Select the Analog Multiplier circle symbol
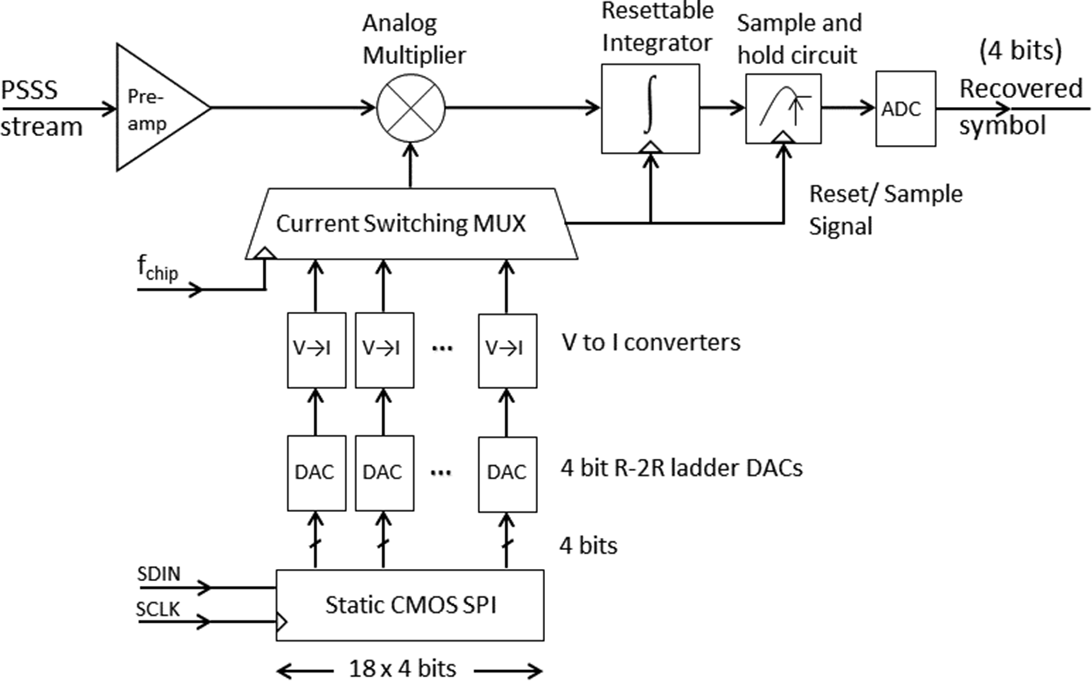[411, 108]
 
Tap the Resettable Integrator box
[650, 108]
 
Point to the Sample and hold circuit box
[783, 108]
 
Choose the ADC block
[905, 108]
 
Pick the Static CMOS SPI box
[409, 605]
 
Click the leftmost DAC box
[316, 472]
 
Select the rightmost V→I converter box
[507, 350]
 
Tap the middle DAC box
[384, 472]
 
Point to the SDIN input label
[159, 574]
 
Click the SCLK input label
[158, 609]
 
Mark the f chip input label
[157, 269]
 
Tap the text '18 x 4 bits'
[402, 668]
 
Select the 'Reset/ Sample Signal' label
[884, 210]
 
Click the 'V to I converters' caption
[651, 343]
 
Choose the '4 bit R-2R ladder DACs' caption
[681, 468]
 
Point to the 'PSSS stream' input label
[41, 108]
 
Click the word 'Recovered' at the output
[1021, 89]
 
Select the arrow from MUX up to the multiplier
[411, 166]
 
